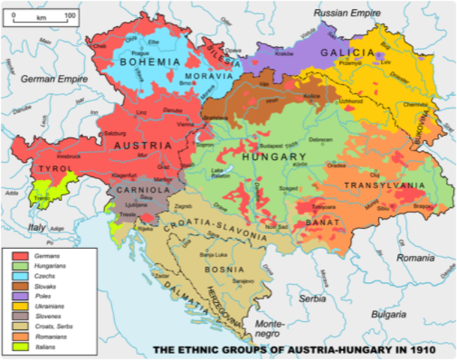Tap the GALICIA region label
347,52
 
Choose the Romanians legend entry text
55,337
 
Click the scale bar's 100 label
69,15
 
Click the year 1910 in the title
430,349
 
